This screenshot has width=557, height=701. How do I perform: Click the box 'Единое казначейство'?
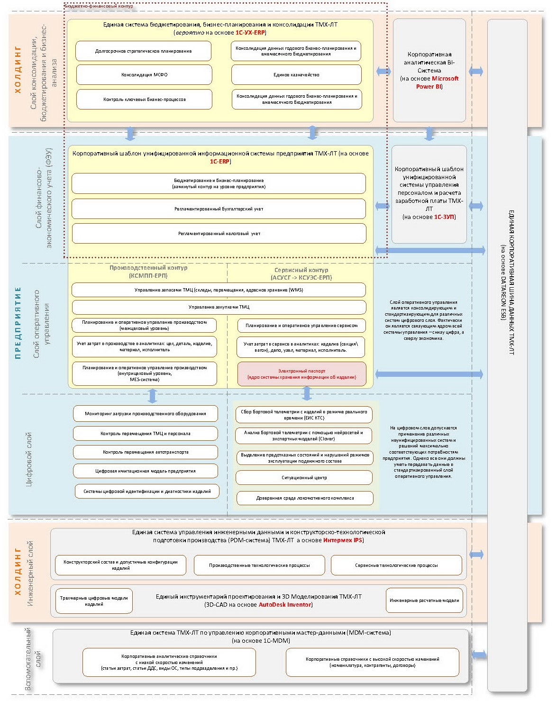(296, 74)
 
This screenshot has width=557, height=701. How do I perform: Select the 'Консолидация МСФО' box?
(144, 74)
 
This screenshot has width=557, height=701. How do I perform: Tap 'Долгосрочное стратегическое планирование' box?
(144, 51)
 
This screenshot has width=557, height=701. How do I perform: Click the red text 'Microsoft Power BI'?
(437, 82)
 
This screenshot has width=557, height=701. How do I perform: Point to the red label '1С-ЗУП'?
(444, 217)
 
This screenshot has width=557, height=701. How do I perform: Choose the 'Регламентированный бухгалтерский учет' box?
(219, 209)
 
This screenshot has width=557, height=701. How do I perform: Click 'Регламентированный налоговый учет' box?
(219, 233)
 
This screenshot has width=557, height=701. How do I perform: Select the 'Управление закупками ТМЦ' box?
(219, 307)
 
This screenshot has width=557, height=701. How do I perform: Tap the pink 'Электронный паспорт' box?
(301, 373)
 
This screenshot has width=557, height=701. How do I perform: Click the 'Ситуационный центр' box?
(304, 477)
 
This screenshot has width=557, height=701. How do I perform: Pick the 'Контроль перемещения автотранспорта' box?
(146, 452)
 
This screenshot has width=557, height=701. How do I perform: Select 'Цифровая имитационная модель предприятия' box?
(146, 471)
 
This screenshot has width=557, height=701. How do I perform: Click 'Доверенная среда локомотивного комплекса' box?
(305, 498)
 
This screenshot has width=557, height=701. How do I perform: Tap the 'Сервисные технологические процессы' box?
(396, 565)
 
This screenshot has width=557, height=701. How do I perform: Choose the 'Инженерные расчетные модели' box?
(424, 601)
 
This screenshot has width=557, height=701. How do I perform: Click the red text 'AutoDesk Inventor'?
(285, 605)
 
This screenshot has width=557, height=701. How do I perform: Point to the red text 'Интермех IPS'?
(343, 540)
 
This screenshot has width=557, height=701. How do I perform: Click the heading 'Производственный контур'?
(148, 268)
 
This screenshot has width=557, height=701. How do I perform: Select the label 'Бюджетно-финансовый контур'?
(99, 6)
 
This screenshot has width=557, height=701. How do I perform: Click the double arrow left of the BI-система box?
(384, 72)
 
